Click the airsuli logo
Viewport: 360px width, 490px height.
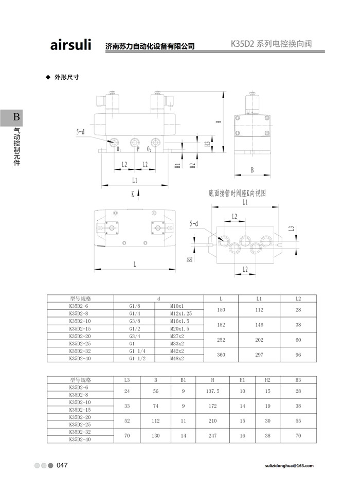click(70, 44)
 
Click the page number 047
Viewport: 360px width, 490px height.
click(62, 465)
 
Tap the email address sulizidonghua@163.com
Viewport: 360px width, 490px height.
click(289, 466)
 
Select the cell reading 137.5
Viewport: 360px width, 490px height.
click(212, 391)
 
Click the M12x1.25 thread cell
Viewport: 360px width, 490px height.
click(181, 313)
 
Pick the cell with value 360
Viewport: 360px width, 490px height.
click(221, 355)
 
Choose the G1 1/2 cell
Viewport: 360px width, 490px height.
click(137, 358)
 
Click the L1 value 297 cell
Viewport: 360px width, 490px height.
click(259, 355)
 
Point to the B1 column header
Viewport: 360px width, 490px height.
click(183, 380)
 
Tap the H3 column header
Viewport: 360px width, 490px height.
click(298, 380)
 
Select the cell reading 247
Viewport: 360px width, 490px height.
click(212, 435)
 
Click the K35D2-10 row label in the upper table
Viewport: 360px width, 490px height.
click(80, 321)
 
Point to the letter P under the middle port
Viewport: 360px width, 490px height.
click(138, 149)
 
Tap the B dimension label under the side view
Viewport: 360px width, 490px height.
click(252, 170)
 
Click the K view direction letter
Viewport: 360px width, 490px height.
click(133, 194)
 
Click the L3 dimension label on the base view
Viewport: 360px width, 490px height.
click(292, 229)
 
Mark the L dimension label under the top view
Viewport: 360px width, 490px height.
click(135, 265)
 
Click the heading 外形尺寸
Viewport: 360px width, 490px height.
click(67, 77)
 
